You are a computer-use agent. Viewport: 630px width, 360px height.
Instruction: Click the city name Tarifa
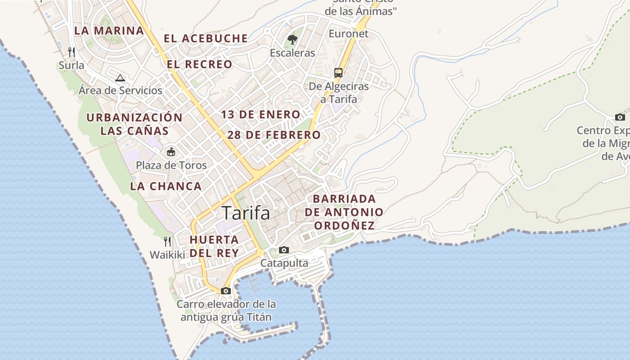coord(246,213)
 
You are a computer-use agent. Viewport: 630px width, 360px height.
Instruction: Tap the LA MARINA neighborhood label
coord(109,31)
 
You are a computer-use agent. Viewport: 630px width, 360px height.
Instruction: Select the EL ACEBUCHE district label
coord(206,38)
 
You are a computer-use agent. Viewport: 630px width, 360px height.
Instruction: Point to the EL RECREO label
coord(199,64)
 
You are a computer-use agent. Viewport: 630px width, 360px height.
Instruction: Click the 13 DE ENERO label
coord(261,114)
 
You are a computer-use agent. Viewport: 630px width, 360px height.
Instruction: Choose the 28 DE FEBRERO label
coord(274,135)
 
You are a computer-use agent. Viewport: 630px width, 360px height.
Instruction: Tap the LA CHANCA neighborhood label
coord(166,186)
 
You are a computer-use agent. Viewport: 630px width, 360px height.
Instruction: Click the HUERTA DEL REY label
coord(214,246)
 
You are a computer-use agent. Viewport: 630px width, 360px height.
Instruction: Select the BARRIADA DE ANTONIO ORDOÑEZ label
coord(344,212)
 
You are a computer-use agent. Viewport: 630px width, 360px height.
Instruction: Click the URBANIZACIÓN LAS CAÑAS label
coord(135,124)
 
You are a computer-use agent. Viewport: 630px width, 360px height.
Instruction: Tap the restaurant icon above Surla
coord(71,52)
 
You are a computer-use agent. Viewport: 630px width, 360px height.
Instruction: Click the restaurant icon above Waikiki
coord(167,242)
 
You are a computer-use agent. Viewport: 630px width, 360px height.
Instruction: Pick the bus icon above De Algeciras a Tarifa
coord(338,72)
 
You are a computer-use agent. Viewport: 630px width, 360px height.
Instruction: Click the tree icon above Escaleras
coord(292,40)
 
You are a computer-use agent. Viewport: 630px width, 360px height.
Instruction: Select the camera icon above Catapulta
coord(284,250)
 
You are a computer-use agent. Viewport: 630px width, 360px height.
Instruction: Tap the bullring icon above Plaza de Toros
coord(171,152)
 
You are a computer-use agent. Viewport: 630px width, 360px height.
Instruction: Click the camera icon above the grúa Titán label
coord(226,291)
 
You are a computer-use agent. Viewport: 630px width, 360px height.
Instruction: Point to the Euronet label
coord(348,34)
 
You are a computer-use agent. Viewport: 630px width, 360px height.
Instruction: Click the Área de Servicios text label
coord(120,90)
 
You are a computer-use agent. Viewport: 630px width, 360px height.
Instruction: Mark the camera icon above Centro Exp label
coord(620,117)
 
